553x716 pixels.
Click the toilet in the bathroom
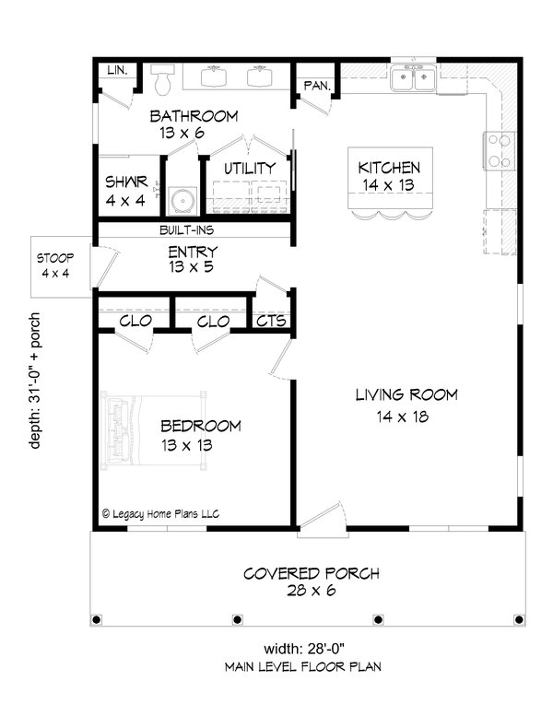tap(164, 80)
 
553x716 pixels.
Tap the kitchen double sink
tap(414, 80)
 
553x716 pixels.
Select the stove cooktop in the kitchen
tap(499, 150)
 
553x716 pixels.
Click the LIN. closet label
tap(117, 71)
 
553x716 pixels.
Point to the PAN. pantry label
tap(313, 86)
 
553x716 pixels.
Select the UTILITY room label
tap(250, 169)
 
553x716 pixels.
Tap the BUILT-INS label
tap(194, 230)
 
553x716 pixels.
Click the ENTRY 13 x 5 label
tap(193, 258)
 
